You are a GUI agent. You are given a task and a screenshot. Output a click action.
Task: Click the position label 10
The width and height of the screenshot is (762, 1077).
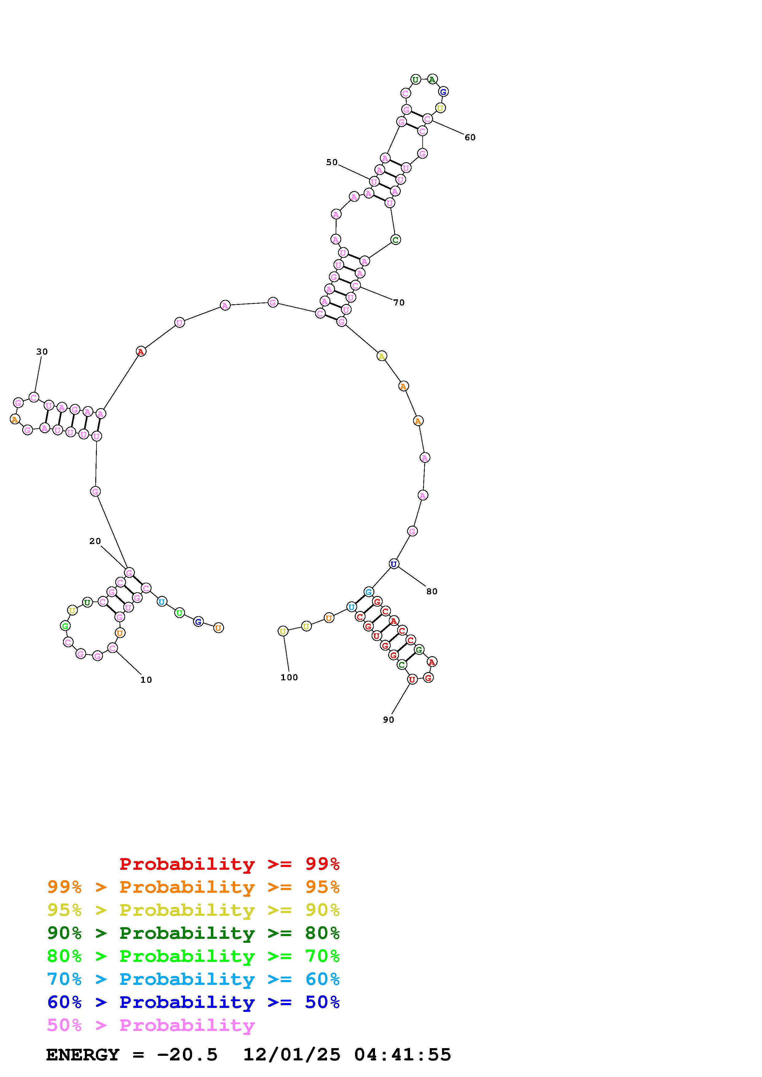[146, 680]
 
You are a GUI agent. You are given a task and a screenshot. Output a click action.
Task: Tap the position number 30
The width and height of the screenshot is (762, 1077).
[42, 351]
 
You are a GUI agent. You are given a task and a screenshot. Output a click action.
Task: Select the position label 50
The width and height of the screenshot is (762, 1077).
[332, 162]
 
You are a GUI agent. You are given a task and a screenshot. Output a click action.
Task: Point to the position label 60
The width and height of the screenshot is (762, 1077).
[470, 138]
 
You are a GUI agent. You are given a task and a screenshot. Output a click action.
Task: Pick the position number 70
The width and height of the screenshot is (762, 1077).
[399, 302]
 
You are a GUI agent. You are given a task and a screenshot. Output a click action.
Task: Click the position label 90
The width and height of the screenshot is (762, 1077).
[388, 720]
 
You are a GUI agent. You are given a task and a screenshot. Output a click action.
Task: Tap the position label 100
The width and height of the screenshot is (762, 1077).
[289, 677]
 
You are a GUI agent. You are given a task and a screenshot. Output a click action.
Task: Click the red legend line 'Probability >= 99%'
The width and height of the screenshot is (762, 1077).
[230, 864]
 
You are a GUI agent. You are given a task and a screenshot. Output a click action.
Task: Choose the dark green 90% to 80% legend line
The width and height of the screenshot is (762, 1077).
[193, 933]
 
